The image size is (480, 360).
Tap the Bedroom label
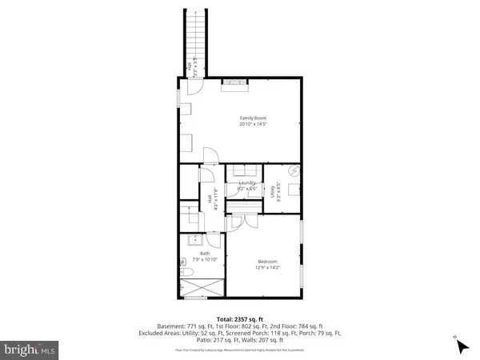pos(268,261)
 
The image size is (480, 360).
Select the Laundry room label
pos(246,183)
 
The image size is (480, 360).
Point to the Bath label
pos(204,254)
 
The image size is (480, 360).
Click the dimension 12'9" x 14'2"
pos(268,268)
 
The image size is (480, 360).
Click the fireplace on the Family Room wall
pos(234,81)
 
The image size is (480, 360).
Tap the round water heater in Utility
pos(294,170)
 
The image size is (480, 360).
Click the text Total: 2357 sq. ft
pos(239,318)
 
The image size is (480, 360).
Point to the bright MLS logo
pos(30,350)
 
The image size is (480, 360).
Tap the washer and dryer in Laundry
pos(241,170)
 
